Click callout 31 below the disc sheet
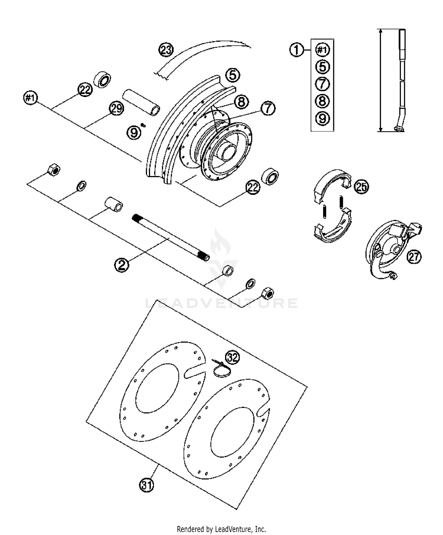[147, 485]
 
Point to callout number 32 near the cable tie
[232, 357]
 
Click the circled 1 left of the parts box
[297, 50]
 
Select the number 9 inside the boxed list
[322, 118]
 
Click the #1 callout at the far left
[30, 98]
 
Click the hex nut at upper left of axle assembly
[54, 170]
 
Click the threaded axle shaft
[170, 237]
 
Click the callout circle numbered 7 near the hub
[268, 108]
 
